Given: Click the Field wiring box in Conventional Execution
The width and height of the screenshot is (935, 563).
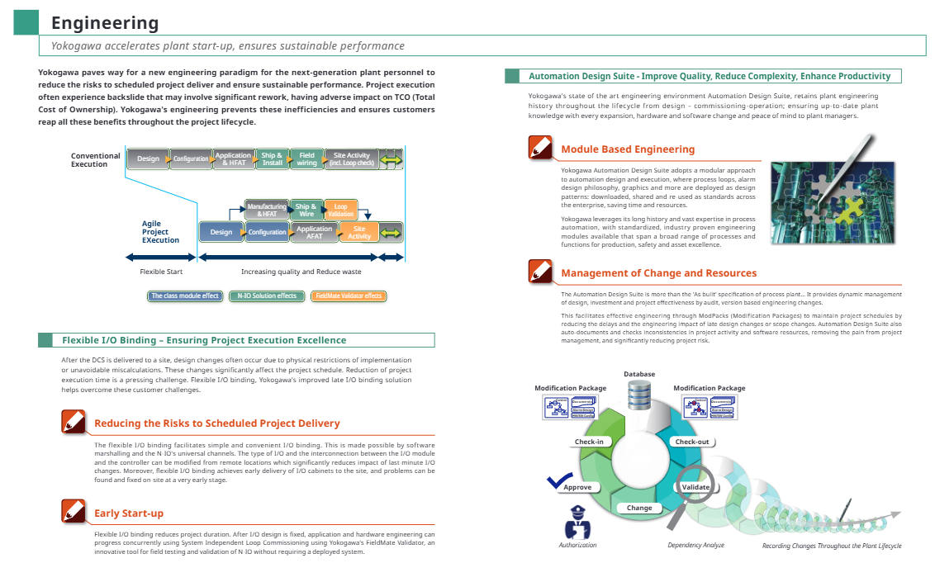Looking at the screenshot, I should [x=307, y=159].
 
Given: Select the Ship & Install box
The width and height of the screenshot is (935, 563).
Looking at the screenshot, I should [x=273, y=159].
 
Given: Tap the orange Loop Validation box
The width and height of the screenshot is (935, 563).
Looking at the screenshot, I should [x=340, y=210].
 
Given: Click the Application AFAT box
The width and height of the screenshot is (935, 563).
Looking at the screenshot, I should [x=314, y=232].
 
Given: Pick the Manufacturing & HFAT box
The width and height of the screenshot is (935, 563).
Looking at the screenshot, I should [x=267, y=210].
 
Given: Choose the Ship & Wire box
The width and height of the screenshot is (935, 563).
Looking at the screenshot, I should [x=306, y=210].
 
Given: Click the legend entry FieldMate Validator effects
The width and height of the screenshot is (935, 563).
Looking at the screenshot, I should [x=349, y=296].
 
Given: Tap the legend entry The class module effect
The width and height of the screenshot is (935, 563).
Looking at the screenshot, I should [x=185, y=296].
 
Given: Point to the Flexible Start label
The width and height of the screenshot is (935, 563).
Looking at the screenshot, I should [x=161, y=272].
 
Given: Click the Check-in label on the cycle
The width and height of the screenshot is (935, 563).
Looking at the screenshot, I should [x=589, y=442].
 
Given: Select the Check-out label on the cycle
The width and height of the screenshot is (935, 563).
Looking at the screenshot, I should [x=692, y=442].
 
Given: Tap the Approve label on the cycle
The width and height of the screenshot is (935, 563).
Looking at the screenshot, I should [x=578, y=487].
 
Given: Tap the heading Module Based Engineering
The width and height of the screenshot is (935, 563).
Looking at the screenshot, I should [x=628, y=149].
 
